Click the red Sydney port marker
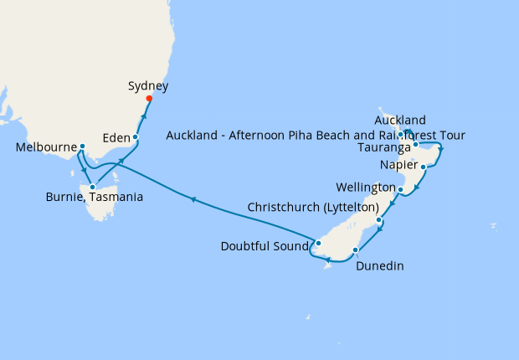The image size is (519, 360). [x=149, y=99]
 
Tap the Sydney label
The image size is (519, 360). [x=149, y=85]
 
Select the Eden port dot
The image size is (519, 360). [x=135, y=136]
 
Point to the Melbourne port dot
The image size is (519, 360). [x=82, y=147]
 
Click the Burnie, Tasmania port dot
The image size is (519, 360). [x=92, y=187]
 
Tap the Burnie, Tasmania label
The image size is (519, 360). [x=93, y=198]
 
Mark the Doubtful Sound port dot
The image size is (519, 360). [x=317, y=244]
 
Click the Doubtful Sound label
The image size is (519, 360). [x=265, y=246]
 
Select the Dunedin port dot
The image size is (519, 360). [x=356, y=250]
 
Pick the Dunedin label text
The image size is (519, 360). [x=380, y=266]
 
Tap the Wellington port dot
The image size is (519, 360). [x=401, y=190]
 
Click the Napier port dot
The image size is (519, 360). [x=424, y=167]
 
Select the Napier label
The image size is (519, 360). [x=397, y=164]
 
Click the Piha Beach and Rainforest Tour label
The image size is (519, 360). [x=316, y=135]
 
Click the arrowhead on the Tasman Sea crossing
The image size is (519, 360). [x=193, y=199]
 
